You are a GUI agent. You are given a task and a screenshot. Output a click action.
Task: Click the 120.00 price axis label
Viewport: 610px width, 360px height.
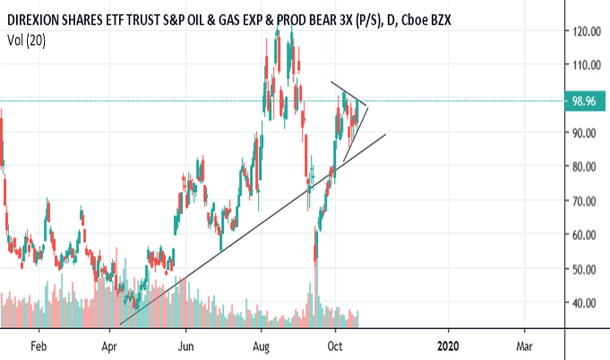584,31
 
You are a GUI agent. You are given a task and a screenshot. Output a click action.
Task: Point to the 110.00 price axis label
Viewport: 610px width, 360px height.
584,65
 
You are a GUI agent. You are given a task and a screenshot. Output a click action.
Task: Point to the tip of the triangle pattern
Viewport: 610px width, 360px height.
368,107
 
